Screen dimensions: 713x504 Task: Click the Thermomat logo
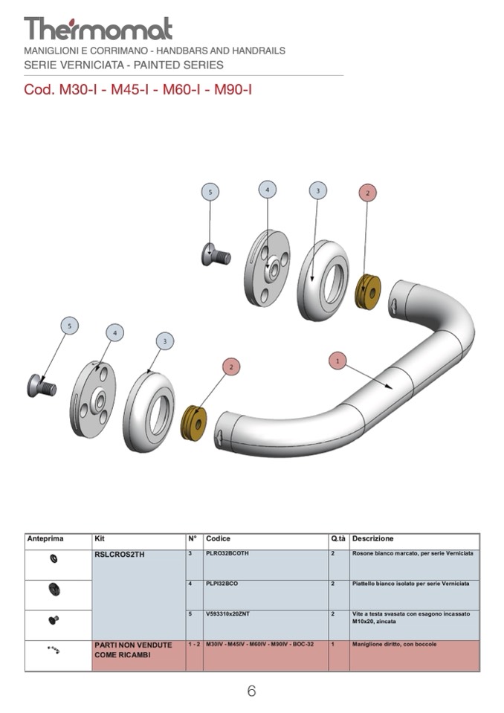[x=98, y=29]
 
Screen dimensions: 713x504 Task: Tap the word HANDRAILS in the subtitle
[x=257, y=51]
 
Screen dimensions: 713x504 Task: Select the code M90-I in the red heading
[x=233, y=90]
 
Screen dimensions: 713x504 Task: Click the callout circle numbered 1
[x=337, y=361]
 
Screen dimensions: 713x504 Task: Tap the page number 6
[x=251, y=691]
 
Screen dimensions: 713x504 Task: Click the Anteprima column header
[x=45, y=538]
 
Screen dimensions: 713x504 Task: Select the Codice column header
[x=218, y=538]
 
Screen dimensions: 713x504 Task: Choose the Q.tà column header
[x=338, y=538]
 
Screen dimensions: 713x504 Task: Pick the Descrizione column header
[x=372, y=538]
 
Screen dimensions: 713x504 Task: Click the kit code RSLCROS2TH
[x=118, y=554]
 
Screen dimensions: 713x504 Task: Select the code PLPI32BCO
[x=222, y=584]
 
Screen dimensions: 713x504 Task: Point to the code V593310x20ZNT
[x=228, y=614]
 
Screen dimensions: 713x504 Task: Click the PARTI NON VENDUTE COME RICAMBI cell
[x=133, y=650]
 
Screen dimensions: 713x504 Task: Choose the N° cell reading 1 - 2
[x=194, y=644]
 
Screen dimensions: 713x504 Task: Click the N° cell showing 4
[x=191, y=584]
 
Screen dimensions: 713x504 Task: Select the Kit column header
[x=100, y=538]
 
